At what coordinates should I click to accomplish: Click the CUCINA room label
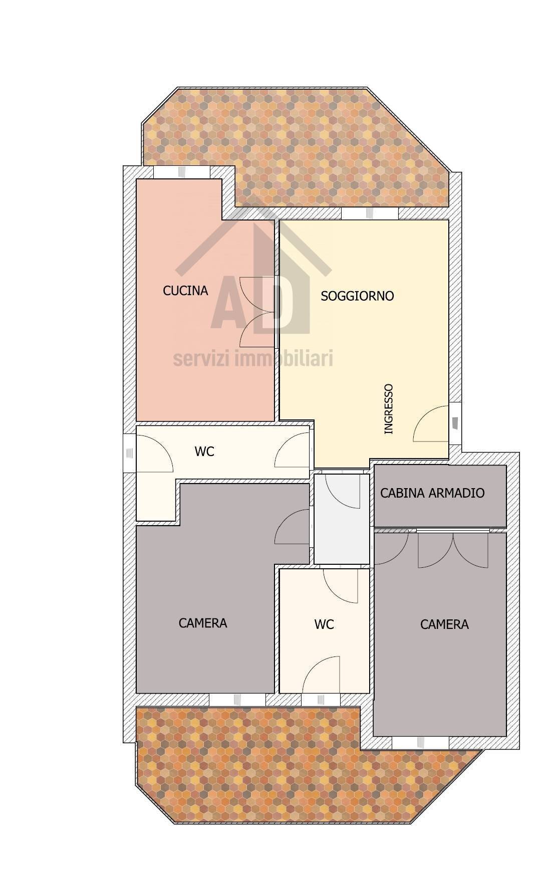coord(185,291)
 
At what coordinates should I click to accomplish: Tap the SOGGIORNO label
coord(357,296)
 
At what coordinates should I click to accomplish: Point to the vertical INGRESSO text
coord(388,409)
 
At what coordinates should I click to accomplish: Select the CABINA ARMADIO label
coord(432,493)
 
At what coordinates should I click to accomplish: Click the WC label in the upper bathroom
coord(204,452)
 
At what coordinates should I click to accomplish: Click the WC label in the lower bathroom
coord(324,624)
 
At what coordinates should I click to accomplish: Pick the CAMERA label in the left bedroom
coord(203,623)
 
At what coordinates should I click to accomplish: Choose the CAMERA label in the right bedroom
coord(444,624)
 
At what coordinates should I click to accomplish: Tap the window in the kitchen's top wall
coord(181,172)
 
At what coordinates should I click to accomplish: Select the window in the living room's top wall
coord(370,213)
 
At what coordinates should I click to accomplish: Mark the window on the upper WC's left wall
coord(130,453)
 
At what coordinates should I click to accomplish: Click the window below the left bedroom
coord(237,700)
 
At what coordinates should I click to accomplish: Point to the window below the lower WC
coord(321,700)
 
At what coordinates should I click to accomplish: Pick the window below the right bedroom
coord(420,743)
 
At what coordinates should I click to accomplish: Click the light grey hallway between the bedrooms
coord(342,518)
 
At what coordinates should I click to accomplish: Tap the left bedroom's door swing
coord(292,526)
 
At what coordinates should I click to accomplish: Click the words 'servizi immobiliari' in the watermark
coord(253,359)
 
